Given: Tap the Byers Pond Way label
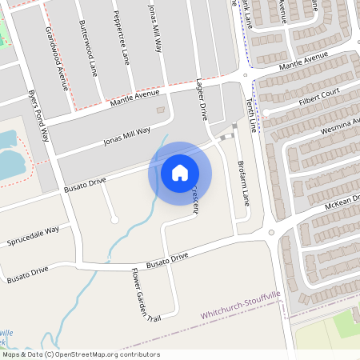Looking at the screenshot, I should pyautogui.click(x=38, y=116).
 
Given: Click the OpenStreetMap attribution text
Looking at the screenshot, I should pyautogui.click(x=80, y=354).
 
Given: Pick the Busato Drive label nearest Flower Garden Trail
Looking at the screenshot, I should pyautogui.click(x=167, y=258).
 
